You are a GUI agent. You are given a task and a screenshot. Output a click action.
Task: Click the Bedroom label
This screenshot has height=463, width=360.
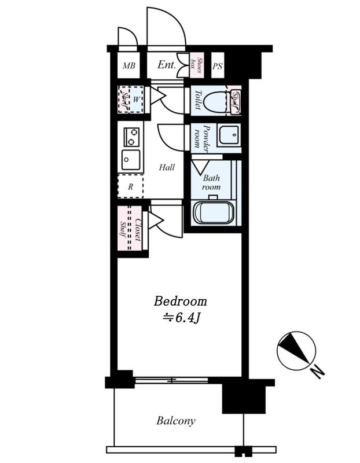point(180,301)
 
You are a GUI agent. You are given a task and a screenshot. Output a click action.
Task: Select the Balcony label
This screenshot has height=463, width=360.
point(176,421)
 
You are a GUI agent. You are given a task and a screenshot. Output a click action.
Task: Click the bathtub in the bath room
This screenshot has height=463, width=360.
point(214,212)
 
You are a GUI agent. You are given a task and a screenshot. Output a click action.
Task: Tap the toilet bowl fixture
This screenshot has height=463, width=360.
point(215,100)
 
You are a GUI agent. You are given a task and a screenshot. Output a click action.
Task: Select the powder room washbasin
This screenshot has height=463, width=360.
point(229,135)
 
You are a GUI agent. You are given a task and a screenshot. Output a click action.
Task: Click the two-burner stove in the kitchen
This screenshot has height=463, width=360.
point(131,137)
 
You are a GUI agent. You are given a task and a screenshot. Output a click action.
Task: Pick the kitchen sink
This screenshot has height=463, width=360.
point(131,160)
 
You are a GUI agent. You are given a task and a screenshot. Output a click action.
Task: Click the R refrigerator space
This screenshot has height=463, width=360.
point(131,186)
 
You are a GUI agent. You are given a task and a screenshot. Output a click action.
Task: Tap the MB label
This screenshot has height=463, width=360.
point(129,65)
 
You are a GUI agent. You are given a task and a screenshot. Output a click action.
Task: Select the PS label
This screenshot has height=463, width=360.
point(218,66)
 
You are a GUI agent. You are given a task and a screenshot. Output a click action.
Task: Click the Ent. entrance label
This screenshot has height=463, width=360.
point(167,65)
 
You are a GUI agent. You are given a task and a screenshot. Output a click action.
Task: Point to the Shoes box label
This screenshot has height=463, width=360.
point(197,65)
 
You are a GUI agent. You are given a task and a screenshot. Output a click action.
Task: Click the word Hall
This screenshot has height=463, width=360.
point(167,167)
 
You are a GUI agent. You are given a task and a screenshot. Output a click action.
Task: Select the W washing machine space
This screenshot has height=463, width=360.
point(136,99)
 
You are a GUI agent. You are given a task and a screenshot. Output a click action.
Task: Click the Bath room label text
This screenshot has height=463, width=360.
point(211,182)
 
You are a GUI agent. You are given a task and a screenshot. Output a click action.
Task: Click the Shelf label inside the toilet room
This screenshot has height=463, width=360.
point(236,99)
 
